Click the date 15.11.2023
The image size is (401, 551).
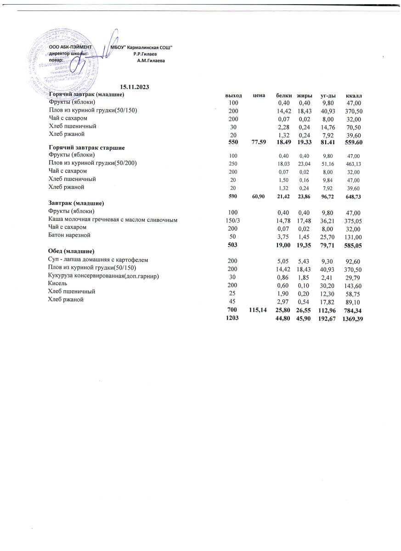point(135,87)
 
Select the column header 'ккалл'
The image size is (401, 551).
point(355,95)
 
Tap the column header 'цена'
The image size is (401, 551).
point(259,95)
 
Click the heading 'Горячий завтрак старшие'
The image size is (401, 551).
point(87,148)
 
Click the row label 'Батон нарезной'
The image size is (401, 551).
point(70,235)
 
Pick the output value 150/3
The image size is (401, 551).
point(233,220)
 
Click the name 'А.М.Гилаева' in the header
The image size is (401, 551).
point(151,60)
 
